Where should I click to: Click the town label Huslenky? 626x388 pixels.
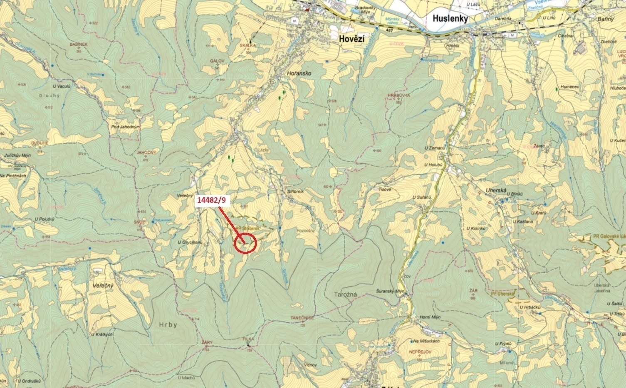pyautogui.click(x=450, y=19)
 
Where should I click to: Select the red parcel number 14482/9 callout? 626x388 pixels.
pyautogui.click(x=213, y=200)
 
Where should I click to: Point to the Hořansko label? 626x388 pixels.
pyautogui.click(x=299, y=73)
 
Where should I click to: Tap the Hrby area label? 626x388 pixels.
pyautogui.click(x=168, y=325)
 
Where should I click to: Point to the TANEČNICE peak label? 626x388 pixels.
pyautogui.click(x=302, y=318)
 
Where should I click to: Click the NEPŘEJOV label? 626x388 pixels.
pyautogui.click(x=420, y=351)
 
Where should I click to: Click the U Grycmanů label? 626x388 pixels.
pyautogui.click(x=190, y=242)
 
